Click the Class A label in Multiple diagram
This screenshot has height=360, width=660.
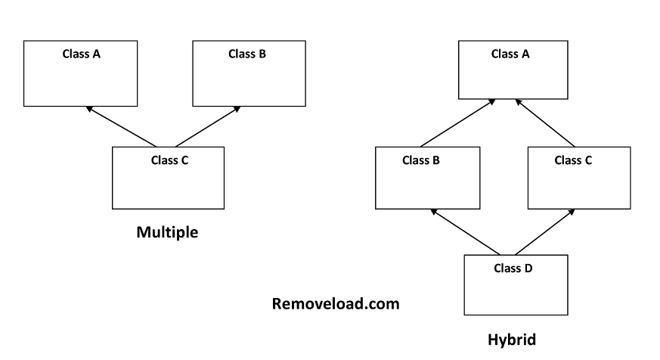click(x=81, y=54)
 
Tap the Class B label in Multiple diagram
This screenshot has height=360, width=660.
click(x=247, y=54)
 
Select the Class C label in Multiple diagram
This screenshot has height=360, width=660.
click(x=169, y=160)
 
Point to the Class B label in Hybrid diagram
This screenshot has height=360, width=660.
click(x=421, y=160)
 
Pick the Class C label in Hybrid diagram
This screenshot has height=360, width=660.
click(x=573, y=160)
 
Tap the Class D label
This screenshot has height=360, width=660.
click(x=513, y=268)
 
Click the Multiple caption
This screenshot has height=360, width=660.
click(x=167, y=232)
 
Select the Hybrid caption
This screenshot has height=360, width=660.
click(x=512, y=340)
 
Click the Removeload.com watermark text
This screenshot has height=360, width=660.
click(x=336, y=304)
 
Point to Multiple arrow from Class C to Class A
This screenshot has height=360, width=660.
click(x=122, y=127)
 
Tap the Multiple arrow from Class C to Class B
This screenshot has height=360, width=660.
click(x=208, y=127)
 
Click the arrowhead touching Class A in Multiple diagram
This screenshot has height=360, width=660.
click(x=90, y=109)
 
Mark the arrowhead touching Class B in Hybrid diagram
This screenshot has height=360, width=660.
click(x=432, y=212)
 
